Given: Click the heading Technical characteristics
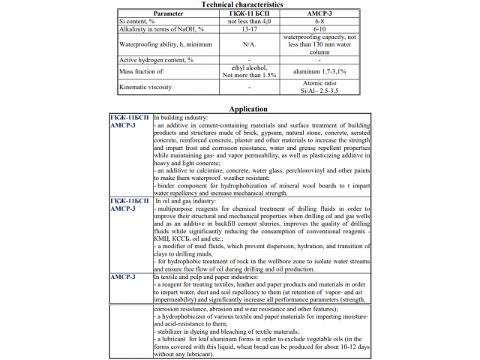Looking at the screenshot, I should pos(242,4).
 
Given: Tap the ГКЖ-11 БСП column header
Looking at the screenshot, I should pos(242,13).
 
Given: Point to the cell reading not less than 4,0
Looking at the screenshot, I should pos(242,21).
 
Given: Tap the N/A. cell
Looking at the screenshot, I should pos(242,43).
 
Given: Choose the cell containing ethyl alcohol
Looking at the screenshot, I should pos(242,67).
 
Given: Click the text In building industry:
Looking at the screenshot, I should pos(181,118).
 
